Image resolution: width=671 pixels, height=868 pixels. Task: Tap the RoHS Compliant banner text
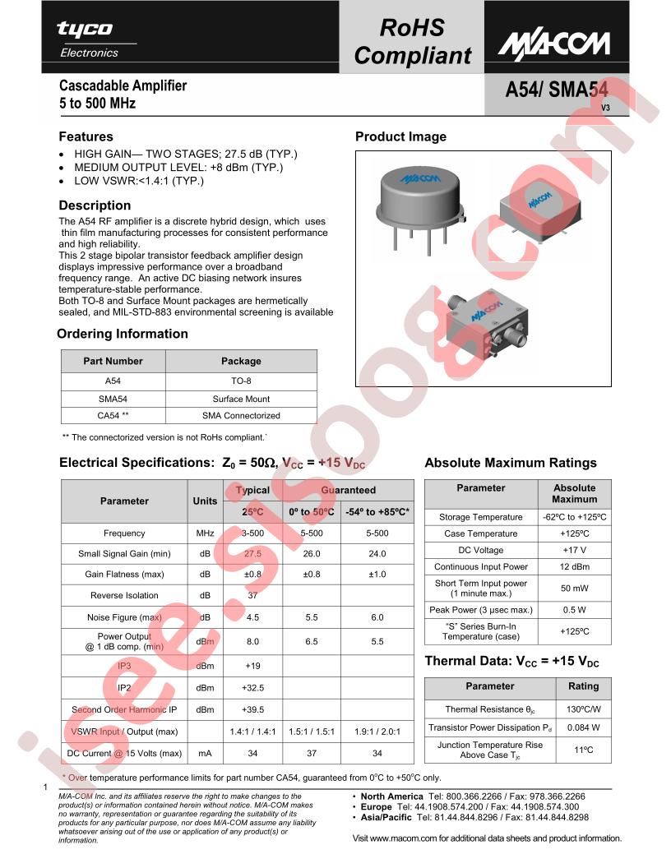click(412, 41)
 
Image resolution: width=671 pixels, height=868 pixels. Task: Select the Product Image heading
click(400, 137)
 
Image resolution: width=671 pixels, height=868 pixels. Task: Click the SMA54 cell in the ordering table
click(113, 399)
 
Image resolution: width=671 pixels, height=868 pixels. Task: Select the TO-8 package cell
click(241, 381)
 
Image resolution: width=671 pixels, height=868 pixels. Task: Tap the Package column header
click(241, 361)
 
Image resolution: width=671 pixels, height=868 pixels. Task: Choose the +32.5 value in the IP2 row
click(253, 688)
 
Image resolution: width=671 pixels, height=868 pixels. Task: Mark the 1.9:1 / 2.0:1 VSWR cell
click(377, 731)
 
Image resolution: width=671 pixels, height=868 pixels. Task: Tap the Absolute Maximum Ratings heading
click(510, 463)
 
